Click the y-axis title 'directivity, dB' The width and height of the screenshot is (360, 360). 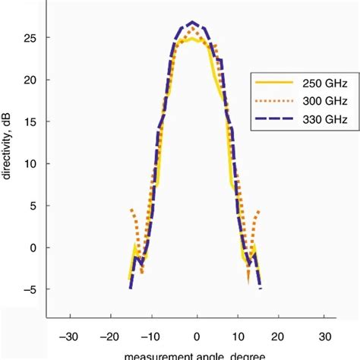(8, 163)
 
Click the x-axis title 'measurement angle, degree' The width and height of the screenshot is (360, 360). (197, 355)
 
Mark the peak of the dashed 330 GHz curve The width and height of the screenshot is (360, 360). (193, 22)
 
